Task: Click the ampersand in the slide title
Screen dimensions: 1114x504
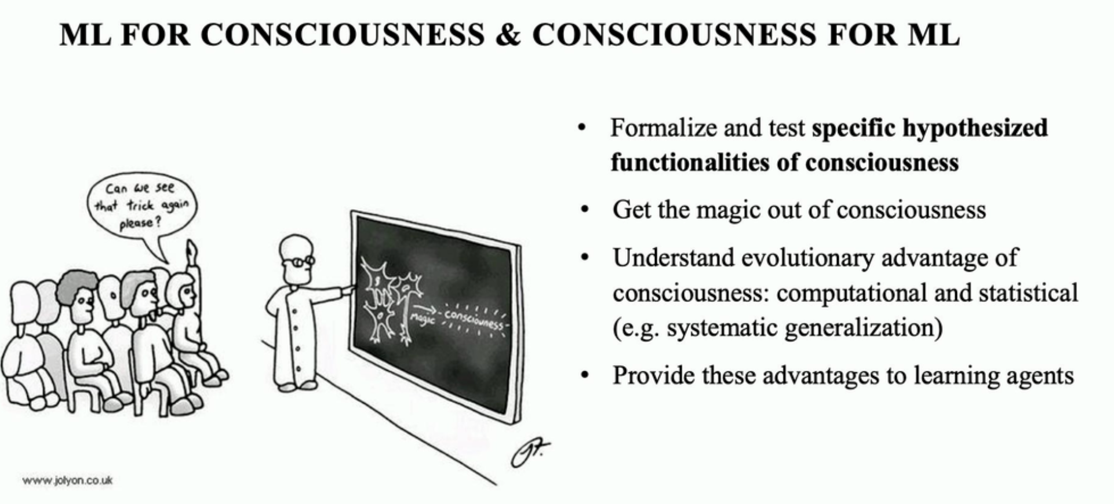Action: [x=508, y=35]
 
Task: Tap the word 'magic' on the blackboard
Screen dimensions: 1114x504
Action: [x=421, y=318]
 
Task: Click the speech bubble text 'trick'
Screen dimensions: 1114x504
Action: [x=141, y=206]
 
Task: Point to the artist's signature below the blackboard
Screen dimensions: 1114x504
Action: [x=529, y=452]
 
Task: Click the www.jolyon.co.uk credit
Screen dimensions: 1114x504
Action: [x=67, y=480]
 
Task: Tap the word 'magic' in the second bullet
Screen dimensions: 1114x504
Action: [x=729, y=210]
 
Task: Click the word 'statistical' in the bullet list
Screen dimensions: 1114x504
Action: [x=1028, y=293]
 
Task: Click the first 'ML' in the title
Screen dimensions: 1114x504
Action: [x=85, y=35]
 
